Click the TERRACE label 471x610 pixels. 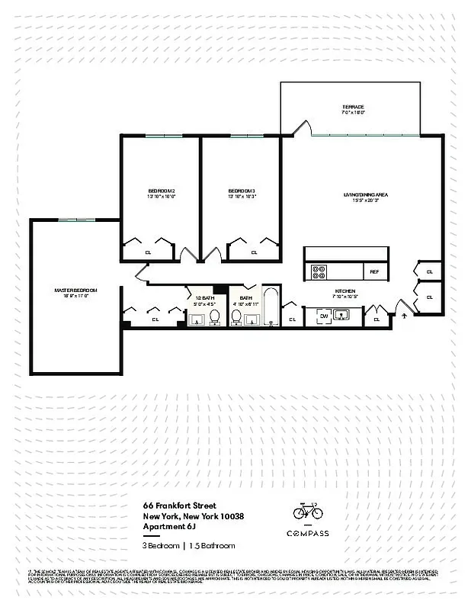[x=353, y=107]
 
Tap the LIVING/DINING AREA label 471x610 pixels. [x=366, y=195]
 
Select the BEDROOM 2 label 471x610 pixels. [x=162, y=191]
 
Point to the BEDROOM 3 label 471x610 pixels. [x=242, y=191]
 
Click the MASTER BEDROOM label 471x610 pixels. [x=75, y=291]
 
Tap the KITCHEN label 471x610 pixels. [x=345, y=291]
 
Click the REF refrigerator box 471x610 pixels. [x=374, y=271]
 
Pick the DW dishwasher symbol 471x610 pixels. [x=323, y=316]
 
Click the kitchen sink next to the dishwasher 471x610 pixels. [x=344, y=316]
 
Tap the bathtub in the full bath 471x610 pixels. [x=271, y=307]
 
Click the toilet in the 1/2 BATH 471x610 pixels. [x=215, y=316]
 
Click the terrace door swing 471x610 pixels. [x=302, y=128]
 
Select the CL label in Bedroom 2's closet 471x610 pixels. [x=148, y=252]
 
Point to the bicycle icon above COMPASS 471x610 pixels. [x=308, y=509]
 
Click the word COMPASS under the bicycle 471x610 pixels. [x=308, y=533]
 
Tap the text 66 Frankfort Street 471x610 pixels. [x=179, y=506]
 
